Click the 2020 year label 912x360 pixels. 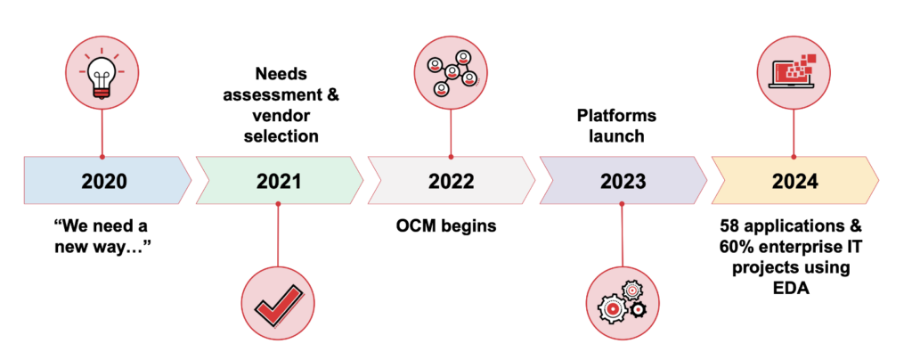tap(104, 182)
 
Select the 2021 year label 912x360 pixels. tap(279, 182)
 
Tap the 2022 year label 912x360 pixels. tap(451, 182)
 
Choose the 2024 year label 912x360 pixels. tap(794, 182)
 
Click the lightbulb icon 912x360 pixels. tap(105, 74)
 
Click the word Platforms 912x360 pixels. tap(622, 117)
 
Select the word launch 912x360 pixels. tap(622, 137)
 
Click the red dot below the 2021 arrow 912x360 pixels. tap(279, 205)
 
